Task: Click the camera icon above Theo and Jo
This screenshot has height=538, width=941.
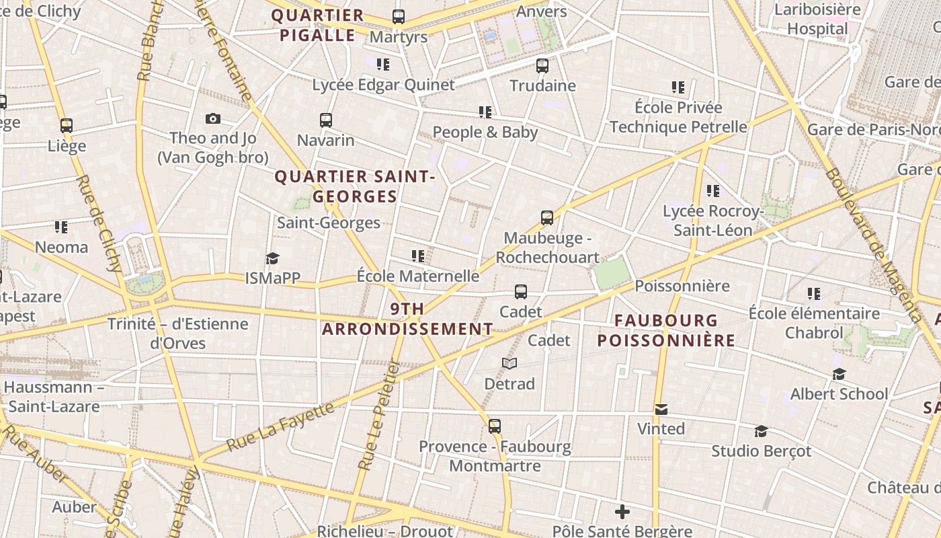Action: (x=213, y=119)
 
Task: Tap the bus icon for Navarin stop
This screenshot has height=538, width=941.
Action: (x=326, y=120)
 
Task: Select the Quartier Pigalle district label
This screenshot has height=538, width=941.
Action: (x=318, y=26)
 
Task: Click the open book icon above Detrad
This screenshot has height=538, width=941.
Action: (x=509, y=364)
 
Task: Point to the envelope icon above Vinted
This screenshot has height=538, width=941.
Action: (x=661, y=410)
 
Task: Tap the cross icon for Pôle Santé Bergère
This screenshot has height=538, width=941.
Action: (x=622, y=512)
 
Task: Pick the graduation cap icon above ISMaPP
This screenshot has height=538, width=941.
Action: (x=272, y=259)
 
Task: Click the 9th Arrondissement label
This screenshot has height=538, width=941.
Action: (x=407, y=319)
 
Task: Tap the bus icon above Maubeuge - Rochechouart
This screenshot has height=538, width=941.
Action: (x=547, y=218)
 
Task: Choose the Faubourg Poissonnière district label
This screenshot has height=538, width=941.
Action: (x=666, y=330)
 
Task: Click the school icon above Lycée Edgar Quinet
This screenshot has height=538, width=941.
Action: (x=383, y=65)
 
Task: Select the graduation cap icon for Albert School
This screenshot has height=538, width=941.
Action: (x=839, y=375)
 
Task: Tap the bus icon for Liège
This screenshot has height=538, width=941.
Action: (x=67, y=126)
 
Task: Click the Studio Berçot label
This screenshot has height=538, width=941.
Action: (x=761, y=451)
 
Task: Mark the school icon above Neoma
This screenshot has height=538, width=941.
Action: (x=61, y=227)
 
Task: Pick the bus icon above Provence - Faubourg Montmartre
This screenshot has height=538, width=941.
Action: (x=495, y=426)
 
